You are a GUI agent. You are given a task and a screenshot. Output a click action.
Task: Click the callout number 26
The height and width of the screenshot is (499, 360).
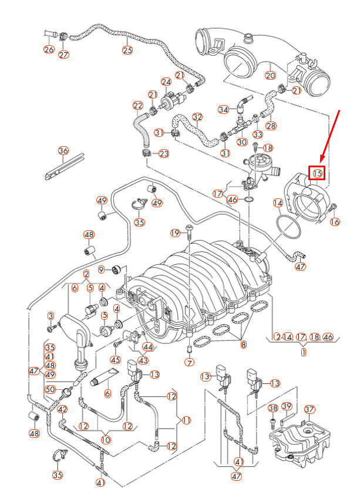49,49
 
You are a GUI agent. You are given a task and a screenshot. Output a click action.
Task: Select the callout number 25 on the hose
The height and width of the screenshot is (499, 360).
127,50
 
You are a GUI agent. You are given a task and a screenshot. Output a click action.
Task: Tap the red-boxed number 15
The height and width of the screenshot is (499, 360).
317,173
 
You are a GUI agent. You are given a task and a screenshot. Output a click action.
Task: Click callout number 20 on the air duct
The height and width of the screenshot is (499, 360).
270,75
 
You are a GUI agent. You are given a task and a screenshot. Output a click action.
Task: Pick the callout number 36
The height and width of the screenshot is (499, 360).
63,151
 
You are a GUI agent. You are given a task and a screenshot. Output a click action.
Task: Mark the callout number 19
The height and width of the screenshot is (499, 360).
176,234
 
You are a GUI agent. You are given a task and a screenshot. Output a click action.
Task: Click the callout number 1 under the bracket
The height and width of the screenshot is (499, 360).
303,352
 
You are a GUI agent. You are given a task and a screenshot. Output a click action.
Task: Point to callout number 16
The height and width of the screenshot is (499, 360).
335,222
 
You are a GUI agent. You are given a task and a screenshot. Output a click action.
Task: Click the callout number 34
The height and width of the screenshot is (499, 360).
223,110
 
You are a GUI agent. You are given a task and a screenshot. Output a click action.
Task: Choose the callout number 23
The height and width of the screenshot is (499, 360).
163,154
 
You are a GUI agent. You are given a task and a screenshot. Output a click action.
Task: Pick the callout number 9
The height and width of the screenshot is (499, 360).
102,269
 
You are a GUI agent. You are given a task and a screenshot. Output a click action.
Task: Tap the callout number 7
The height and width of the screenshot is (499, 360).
189,363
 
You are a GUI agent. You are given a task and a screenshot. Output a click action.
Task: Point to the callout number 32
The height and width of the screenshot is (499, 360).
197,117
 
